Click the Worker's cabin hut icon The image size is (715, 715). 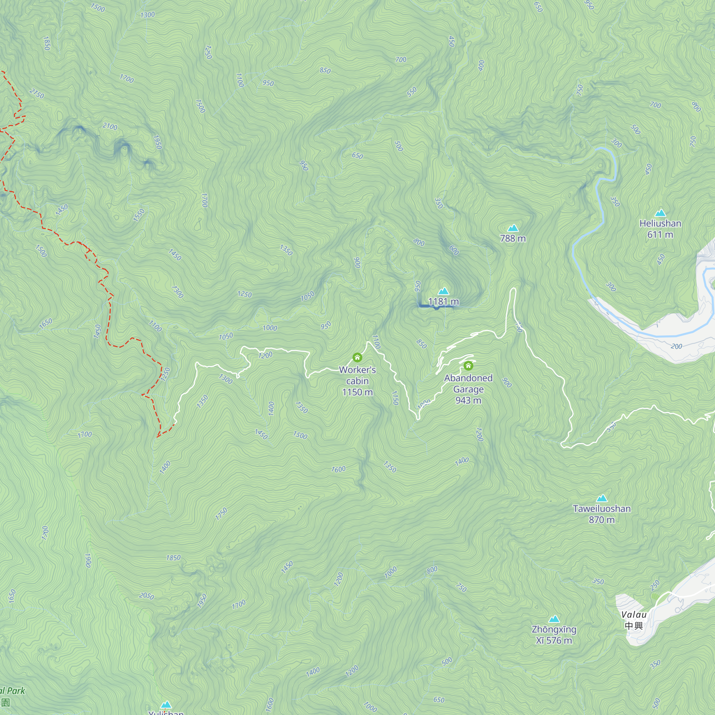[357, 357]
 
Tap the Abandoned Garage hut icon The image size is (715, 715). [468, 366]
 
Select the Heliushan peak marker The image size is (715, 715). [660, 213]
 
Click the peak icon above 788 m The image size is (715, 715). [513, 228]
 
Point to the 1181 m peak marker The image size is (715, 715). [443, 291]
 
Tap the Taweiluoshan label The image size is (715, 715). [602, 508]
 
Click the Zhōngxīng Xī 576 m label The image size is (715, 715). [554, 635]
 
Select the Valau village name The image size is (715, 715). [634, 615]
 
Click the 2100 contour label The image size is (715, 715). [110, 126]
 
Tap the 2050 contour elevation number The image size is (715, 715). [147, 596]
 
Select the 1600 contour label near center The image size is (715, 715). [338, 469]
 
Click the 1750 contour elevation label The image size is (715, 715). [221, 514]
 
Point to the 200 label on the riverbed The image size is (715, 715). [676, 346]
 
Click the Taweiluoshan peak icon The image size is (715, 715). [602, 498]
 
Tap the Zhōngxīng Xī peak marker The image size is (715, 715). [554, 619]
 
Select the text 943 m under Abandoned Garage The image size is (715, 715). [468, 400]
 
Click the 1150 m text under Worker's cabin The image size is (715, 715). [357, 392]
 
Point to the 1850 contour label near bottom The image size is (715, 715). [173, 557]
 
